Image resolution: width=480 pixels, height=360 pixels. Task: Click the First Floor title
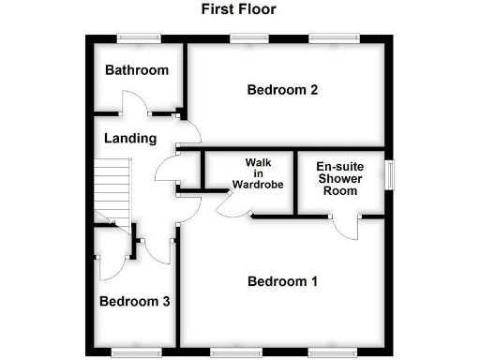(x=238, y=10)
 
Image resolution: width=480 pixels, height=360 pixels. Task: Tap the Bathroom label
(x=137, y=70)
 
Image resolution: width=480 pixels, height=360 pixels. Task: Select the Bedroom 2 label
(x=282, y=90)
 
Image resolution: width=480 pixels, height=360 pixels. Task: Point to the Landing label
(x=130, y=139)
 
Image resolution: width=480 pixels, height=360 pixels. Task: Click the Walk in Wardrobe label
(x=251, y=172)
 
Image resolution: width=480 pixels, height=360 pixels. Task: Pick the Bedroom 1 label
(x=282, y=281)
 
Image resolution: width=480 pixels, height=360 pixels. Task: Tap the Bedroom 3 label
(x=135, y=302)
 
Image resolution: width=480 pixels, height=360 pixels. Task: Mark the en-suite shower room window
(x=388, y=174)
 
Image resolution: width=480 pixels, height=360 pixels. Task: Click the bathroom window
(x=138, y=38)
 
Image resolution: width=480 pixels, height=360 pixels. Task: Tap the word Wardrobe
(x=251, y=184)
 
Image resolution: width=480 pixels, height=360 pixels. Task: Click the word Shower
(x=340, y=178)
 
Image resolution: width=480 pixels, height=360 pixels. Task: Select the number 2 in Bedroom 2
(x=313, y=90)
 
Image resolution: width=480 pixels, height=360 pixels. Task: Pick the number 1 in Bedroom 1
(x=314, y=281)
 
